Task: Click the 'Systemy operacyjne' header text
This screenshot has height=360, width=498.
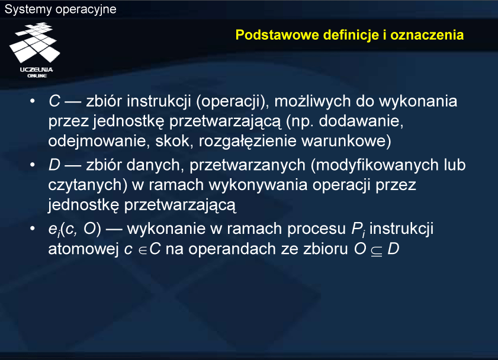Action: tap(60, 9)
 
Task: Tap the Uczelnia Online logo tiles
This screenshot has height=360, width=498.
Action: tap(34, 43)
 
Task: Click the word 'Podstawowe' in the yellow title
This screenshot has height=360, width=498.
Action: tap(277, 34)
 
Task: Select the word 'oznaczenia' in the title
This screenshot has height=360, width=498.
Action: tap(427, 34)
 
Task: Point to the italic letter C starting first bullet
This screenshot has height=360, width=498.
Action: tap(54, 101)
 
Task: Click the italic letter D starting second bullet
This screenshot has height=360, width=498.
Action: tap(54, 165)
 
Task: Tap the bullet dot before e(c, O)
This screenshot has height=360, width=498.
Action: tap(32, 228)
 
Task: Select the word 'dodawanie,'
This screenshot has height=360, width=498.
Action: tap(361, 121)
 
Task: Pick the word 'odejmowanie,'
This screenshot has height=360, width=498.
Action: tap(99, 142)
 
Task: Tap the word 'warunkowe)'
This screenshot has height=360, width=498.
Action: tap(346, 142)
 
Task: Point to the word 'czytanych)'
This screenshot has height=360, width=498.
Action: tap(85, 185)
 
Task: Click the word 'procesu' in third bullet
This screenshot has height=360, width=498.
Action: tap(316, 229)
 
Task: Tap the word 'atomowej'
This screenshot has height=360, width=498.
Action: tap(83, 249)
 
